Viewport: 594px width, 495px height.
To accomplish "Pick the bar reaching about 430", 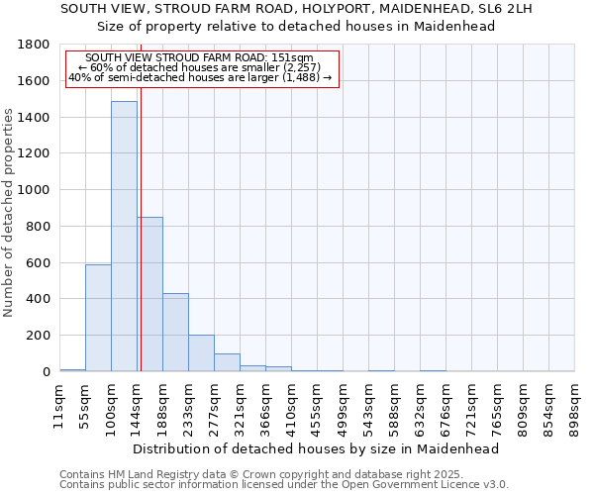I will [175, 333].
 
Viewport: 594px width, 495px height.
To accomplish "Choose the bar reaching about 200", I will [201, 353].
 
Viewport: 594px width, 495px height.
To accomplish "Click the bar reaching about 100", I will [227, 362].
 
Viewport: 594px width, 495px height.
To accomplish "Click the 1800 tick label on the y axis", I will [33, 45].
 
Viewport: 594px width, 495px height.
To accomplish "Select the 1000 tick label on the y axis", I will [33, 190].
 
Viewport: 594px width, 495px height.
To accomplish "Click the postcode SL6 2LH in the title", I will [504, 9].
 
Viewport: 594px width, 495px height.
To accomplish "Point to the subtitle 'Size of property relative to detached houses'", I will [297, 27].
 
